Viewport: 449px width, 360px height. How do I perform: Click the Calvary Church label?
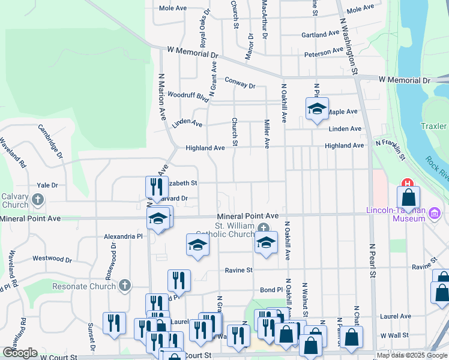pyautogui.click(x=14, y=200)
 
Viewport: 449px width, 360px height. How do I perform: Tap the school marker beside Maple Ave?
pyautogui.click(x=316, y=109)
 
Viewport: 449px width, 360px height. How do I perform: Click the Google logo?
pyautogui.click(x=20, y=353)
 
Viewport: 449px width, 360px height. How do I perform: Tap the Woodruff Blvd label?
pyautogui.click(x=188, y=95)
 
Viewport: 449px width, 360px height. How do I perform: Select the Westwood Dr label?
pyautogui.click(x=52, y=259)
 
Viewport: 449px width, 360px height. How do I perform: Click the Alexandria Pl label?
pyautogui.click(x=122, y=236)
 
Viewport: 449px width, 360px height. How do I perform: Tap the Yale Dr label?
pyautogui.click(x=47, y=185)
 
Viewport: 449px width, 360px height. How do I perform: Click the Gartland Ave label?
pyautogui.click(x=321, y=35)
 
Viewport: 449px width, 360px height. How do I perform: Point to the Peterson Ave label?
pyautogui.click(x=324, y=53)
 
